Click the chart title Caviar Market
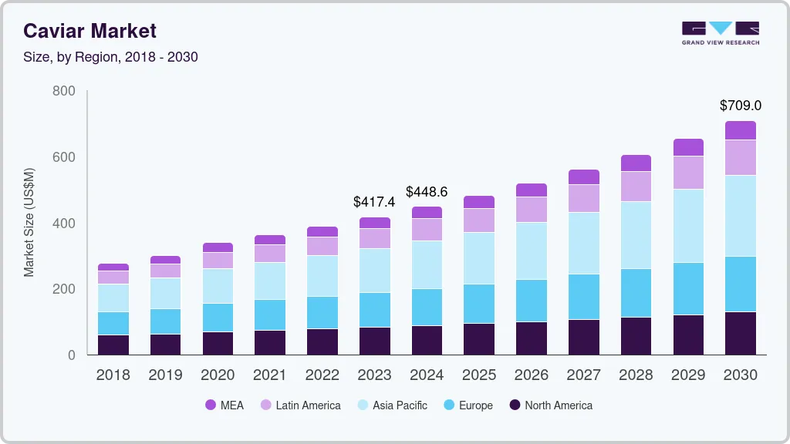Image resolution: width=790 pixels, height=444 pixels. [x=89, y=31]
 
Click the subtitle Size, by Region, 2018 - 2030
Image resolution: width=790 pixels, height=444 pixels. [x=110, y=57]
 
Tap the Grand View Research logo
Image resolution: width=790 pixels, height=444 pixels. [x=720, y=33]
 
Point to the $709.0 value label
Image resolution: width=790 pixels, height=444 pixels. [x=740, y=105]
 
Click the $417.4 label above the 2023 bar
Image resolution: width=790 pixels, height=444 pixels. [x=374, y=201]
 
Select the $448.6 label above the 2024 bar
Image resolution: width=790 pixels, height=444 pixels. [x=427, y=191]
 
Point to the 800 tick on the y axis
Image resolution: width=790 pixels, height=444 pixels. [x=63, y=91]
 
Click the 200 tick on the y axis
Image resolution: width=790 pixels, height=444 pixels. [x=63, y=289]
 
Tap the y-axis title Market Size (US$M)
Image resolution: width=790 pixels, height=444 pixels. [x=29, y=222]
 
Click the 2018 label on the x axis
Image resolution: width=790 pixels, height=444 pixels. [x=113, y=375]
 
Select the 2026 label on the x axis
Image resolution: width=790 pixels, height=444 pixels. [x=532, y=375]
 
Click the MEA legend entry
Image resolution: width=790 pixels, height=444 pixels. [x=225, y=405]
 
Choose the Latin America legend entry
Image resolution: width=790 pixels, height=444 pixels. [x=300, y=405]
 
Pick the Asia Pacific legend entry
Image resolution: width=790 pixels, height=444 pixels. [x=391, y=405]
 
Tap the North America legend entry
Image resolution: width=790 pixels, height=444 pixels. [x=550, y=405]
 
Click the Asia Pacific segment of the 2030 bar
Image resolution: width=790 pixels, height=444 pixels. [x=741, y=216]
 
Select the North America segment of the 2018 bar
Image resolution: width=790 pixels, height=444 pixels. [x=113, y=345]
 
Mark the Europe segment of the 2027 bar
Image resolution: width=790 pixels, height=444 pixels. [x=584, y=297]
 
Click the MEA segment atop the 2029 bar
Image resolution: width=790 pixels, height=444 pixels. [x=688, y=147]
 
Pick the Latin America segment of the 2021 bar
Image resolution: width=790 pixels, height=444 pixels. [x=270, y=254]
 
